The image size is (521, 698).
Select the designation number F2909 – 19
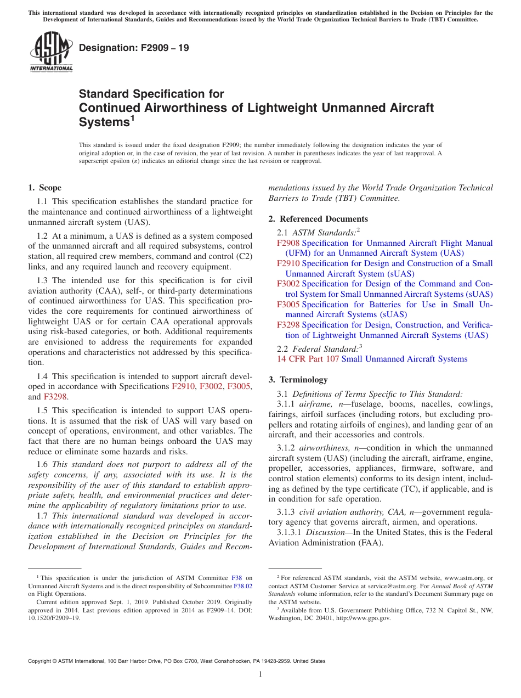point(134,48)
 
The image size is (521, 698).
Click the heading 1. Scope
point(44,188)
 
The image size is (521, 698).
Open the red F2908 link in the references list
point(288,243)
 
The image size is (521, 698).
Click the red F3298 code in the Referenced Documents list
point(288,325)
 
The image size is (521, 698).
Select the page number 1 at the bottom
point(260,674)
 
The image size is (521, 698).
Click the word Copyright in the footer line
point(41,661)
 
